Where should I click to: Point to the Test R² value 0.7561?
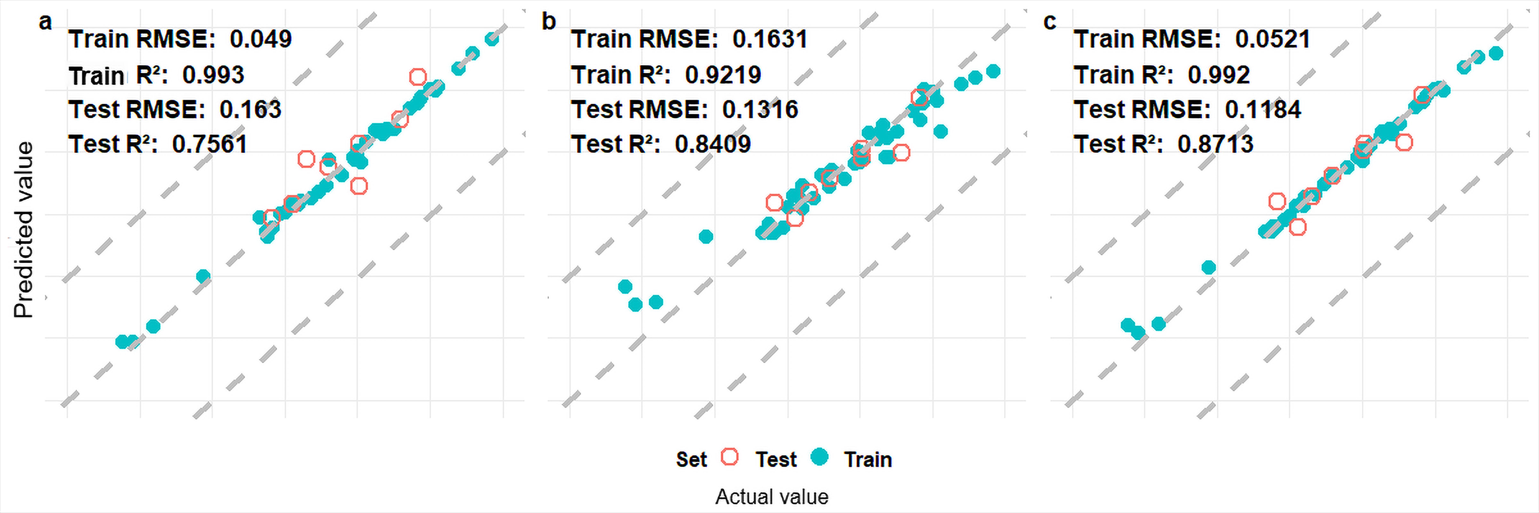[x=210, y=144]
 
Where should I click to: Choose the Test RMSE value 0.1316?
[x=760, y=110]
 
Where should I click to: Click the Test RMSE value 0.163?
[x=250, y=110]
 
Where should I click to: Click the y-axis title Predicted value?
[x=24, y=230]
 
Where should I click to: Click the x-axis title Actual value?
[x=772, y=497]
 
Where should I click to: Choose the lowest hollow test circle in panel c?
[x=1297, y=227]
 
